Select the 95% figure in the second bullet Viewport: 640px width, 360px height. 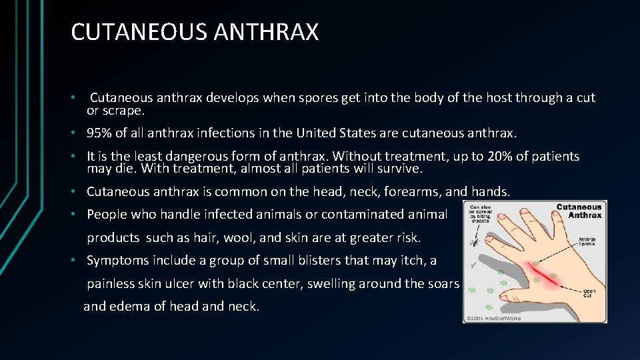coord(99,133)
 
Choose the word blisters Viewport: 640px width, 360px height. coord(272,260)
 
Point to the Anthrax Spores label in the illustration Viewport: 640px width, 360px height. coord(589,242)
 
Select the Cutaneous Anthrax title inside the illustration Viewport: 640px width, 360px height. coord(579,211)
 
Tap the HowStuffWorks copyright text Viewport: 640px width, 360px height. coord(494,318)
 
